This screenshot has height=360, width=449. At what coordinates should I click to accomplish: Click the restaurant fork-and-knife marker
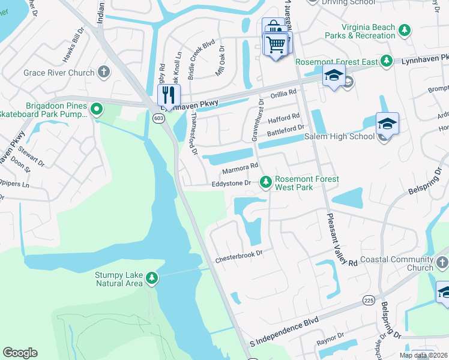coord(169,95)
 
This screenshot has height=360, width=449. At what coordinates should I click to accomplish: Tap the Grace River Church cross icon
coord(104,73)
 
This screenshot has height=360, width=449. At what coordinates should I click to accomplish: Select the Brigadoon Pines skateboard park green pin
coord(95,110)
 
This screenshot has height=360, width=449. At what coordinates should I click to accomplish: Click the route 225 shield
coord(369,298)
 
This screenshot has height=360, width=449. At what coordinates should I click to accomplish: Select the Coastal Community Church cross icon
coord(442,262)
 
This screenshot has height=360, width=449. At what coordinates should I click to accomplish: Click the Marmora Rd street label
coord(240,168)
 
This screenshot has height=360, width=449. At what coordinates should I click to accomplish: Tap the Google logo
coord(20,353)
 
